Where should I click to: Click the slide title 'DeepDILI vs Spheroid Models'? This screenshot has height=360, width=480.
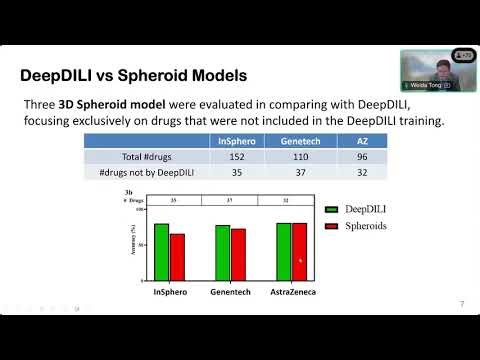[x=135, y=75]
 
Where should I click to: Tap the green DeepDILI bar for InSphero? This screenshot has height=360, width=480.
[x=161, y=251]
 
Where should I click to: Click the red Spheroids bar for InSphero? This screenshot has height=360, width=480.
[x=177, y=256]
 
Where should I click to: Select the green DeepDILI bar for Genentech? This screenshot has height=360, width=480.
[x=222, y=252]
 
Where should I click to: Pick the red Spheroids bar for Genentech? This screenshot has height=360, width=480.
[x=238, y=254]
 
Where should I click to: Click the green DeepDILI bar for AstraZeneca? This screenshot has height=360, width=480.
[x=283, y=251]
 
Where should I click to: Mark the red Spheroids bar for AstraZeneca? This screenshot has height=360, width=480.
[x=299, y=251]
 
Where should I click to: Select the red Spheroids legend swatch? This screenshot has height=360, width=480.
[x=333, y=227]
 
